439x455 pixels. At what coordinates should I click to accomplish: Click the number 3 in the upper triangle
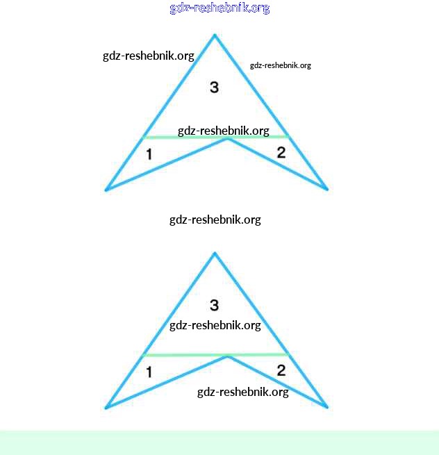coord(214,87)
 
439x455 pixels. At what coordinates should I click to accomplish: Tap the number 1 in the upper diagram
coord(149,154)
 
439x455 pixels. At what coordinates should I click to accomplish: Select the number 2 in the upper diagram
coord(281,153)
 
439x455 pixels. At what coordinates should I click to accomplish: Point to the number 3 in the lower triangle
coord(214,305)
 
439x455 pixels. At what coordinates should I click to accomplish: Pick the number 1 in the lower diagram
coord(149,372)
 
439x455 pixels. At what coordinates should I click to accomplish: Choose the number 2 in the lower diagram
coord(281,370)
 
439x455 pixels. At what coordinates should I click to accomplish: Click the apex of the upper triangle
coord(215,35)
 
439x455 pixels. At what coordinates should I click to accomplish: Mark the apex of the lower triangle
coord(215,253)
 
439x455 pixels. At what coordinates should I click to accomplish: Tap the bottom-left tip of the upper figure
coord(106,189)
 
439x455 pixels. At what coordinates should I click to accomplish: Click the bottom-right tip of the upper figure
coord(326,188)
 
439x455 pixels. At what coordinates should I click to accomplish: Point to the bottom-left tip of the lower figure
coord(106,407)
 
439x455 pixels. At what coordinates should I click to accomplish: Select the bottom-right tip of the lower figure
coord(326,406)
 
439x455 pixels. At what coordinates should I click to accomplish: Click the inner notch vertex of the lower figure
coord(228,358)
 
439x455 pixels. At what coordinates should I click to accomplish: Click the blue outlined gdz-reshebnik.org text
coord(219,8)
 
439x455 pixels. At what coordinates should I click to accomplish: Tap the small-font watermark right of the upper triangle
coord(280,65)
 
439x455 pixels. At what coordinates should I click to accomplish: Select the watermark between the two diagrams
coord(215,220)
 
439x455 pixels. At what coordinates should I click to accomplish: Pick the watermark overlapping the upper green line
coord(223,131)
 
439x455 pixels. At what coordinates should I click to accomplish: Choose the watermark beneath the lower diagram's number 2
coord(242,392)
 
